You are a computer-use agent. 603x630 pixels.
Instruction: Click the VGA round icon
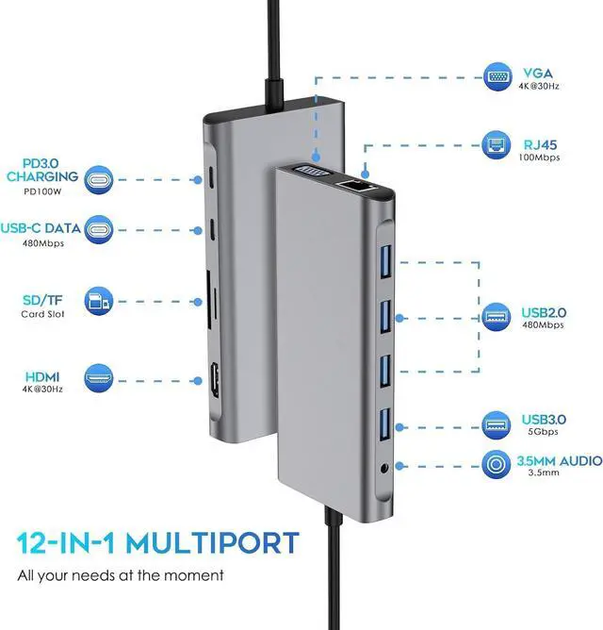point(499,76)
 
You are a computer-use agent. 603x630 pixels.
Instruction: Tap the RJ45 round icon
point(499,147)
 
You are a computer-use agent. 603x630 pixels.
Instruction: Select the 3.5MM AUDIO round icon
point(499,464)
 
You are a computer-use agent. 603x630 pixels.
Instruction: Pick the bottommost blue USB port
point(385,423)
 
